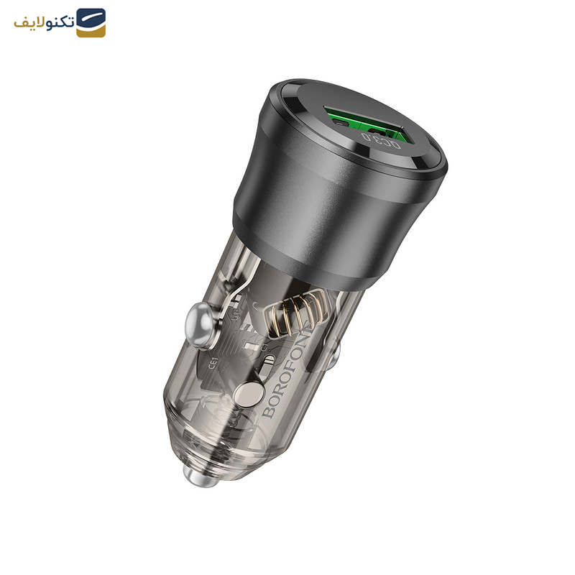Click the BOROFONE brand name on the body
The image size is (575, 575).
(284, 376)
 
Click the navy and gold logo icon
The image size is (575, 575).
(91, 22)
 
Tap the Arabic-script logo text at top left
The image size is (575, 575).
(44, 22)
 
